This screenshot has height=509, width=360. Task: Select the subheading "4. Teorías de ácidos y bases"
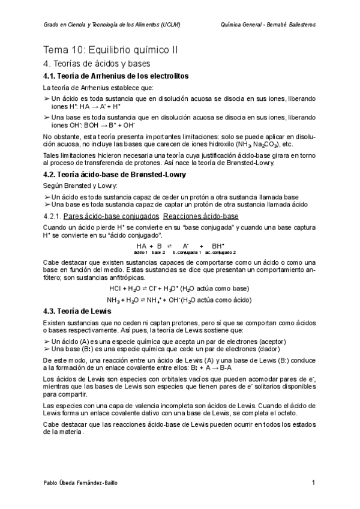click(x=97, y=64)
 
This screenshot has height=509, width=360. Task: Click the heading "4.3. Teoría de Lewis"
click(x=77, y=311)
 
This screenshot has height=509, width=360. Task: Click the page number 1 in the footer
click(x=314, y=483)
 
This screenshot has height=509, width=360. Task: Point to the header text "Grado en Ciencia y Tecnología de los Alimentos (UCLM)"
click(x=113, y=25)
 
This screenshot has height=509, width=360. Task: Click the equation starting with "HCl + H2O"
click(x=179, y=288)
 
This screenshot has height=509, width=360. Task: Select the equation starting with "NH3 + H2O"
click(x=179, y=300)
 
